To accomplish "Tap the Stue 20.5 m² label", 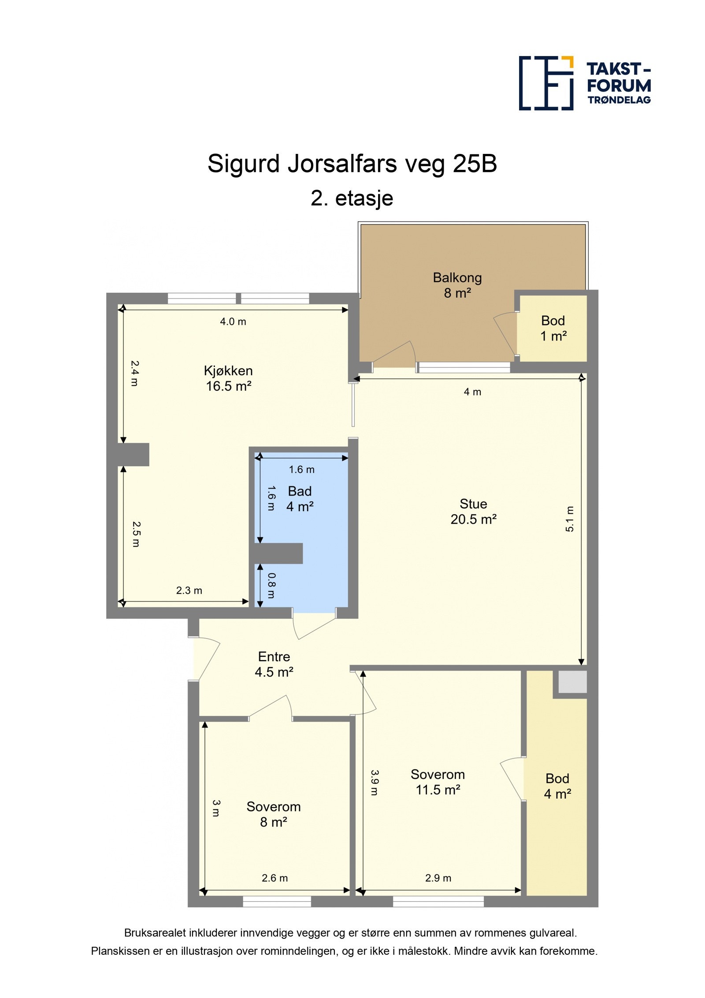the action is [x=473, y=511].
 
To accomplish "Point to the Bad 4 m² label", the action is [x=300, y=498].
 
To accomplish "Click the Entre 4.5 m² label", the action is [x=274, y=664].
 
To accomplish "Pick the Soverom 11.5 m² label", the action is [x=438, y=782].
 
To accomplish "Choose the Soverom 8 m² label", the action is [x=273, y=814].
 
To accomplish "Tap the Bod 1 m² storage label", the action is [x=553, y=328].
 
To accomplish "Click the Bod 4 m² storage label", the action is [x=557, y=786].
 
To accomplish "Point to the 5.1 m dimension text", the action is [x=569, y=519].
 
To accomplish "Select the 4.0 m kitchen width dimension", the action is [x=233, y=321].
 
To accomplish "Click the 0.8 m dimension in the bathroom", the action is [x=271, y=586].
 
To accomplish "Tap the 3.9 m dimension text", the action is [x=374, y=783].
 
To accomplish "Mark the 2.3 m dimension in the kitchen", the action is [x=189, y=590].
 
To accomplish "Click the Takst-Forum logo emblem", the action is [x=546, y=83].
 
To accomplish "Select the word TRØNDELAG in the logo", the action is [x=619, y=100].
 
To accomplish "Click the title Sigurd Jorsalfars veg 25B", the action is [x=352, y=164].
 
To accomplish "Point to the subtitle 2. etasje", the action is [x=352, y=198].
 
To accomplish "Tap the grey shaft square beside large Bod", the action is [x=572, y=682].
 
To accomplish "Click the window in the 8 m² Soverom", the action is [x=277, y=901].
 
